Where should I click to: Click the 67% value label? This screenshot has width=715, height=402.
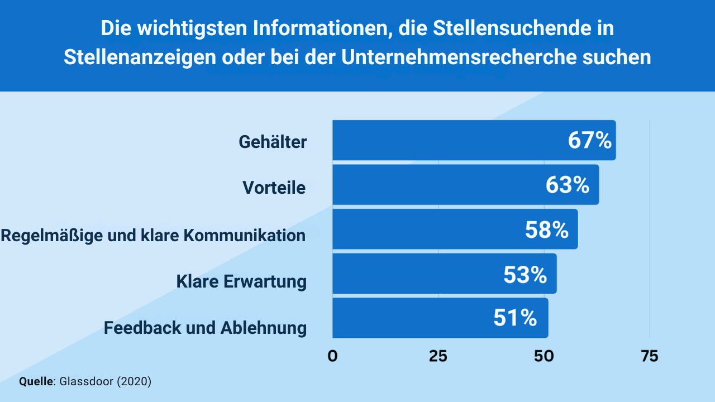(590, 141)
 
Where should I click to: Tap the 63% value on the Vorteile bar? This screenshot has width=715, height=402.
(568, 185)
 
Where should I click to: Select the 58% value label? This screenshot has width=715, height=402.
(546, 229)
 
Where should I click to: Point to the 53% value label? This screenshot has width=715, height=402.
(525, 274)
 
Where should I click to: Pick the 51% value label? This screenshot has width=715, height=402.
(515, 318)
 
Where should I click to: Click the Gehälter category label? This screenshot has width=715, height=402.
(273, 142)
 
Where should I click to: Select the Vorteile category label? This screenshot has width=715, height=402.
(274, 188)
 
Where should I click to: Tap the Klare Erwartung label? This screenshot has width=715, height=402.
(241, 281)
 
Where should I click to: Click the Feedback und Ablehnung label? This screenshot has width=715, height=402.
(205, 327)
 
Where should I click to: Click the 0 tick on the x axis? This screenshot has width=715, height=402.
(333, 356)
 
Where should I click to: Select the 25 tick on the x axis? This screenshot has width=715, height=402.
(438, 356)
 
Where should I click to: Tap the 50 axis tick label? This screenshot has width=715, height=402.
(544, 356)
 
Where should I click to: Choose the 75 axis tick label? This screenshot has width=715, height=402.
(649, 356)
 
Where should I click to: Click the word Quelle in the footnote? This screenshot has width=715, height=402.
(36, 382)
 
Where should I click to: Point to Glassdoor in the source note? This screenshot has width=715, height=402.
(86, 382)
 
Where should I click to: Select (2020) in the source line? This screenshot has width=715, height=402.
(134, 382)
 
